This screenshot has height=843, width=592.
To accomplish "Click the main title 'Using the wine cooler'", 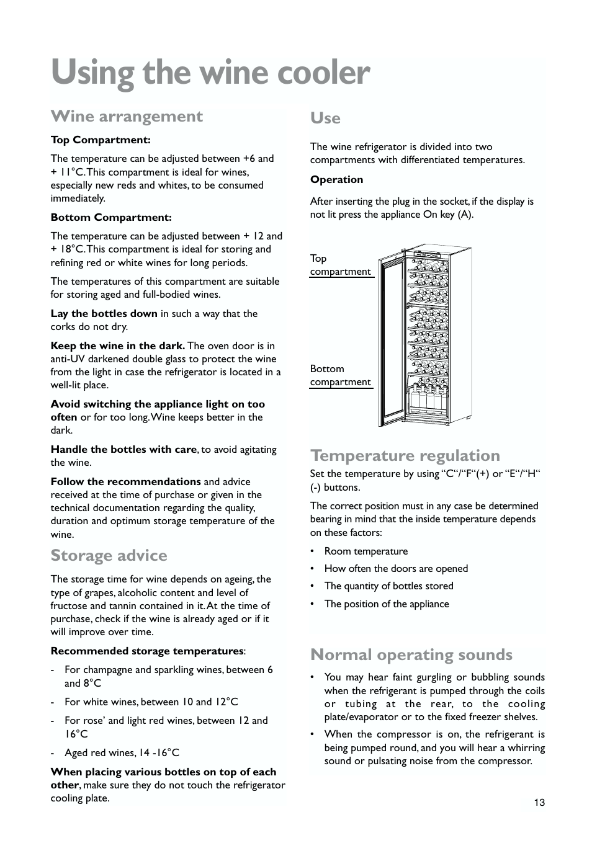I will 210,73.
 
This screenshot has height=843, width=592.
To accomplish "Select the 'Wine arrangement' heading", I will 127,117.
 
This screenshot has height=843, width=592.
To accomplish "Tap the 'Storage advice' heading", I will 109,555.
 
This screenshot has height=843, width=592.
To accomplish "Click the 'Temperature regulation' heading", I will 405,455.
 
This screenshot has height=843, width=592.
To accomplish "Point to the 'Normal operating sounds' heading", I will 411,654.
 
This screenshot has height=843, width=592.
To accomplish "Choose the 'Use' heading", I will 325,118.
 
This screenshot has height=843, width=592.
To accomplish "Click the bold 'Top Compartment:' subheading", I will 101,140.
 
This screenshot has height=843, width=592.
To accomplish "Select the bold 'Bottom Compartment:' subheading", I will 111,217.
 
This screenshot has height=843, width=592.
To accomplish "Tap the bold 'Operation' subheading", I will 336,180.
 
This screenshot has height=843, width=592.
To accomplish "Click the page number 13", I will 539,803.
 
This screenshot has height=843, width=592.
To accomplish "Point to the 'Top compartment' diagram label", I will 340,265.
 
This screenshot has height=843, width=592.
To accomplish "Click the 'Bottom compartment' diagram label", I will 340,375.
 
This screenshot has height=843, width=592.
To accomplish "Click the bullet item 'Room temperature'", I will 366,551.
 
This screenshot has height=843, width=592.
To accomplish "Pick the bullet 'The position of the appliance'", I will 386,604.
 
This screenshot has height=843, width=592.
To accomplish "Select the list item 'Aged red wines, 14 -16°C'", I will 122,752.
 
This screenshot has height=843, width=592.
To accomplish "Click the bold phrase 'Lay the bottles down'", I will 104,313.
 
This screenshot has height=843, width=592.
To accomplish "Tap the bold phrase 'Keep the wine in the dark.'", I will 117,346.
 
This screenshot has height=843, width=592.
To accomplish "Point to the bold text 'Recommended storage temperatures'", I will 147,651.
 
